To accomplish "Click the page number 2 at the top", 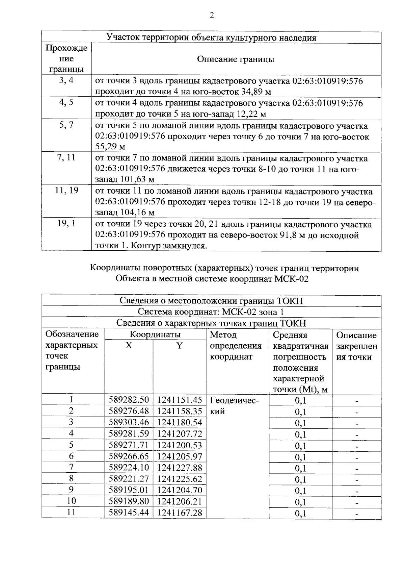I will [x=212, y=16].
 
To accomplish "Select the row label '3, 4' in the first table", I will [x=66, y=80].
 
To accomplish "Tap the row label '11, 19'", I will [x=66, y=190].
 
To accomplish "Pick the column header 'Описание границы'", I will [x=236, y=59].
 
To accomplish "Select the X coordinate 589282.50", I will [x=129, y=400].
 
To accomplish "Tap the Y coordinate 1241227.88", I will [x=179, y=468].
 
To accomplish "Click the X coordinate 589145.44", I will [x=129, y=513].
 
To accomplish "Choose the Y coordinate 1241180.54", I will [x=179, y=422].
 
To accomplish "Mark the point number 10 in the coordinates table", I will [x=72, y=501].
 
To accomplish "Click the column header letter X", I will [x=129, y=346].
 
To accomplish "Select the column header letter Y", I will [x=180, y=346].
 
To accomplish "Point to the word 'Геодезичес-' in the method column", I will [x=234, y=401].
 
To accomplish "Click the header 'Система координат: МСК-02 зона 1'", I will [x=211, y=312].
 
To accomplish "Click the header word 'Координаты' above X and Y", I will [x=155, y=334].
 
